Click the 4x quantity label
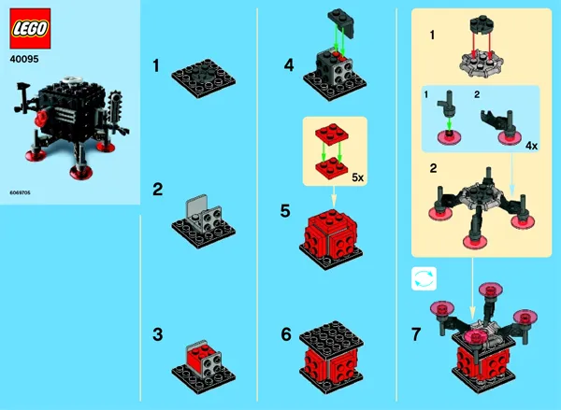click(531, 147)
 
